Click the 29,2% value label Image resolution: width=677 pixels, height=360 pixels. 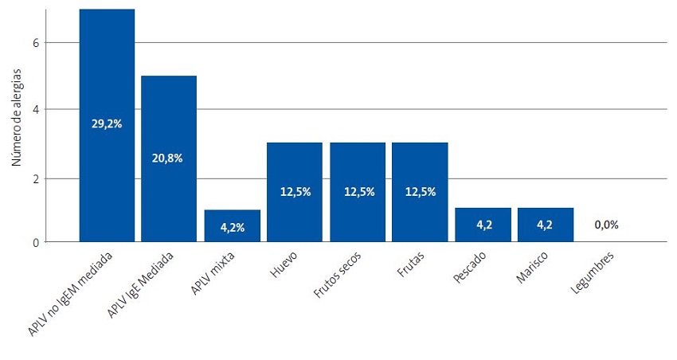coord(107,124)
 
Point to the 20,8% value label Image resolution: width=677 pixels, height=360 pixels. coord(169,158)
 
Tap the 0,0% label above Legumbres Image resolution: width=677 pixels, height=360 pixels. coord(607,225)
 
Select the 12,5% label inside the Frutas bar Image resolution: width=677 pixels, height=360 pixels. coord(420,191)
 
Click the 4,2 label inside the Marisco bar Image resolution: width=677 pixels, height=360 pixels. coord(545,225)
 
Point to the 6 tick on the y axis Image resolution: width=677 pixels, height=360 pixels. coord(36,42)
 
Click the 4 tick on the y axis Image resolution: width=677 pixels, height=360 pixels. coord(36,109)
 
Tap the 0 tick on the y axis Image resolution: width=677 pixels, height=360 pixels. coord(36,242)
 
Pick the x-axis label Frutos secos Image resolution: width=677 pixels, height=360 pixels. coord(338,275)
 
